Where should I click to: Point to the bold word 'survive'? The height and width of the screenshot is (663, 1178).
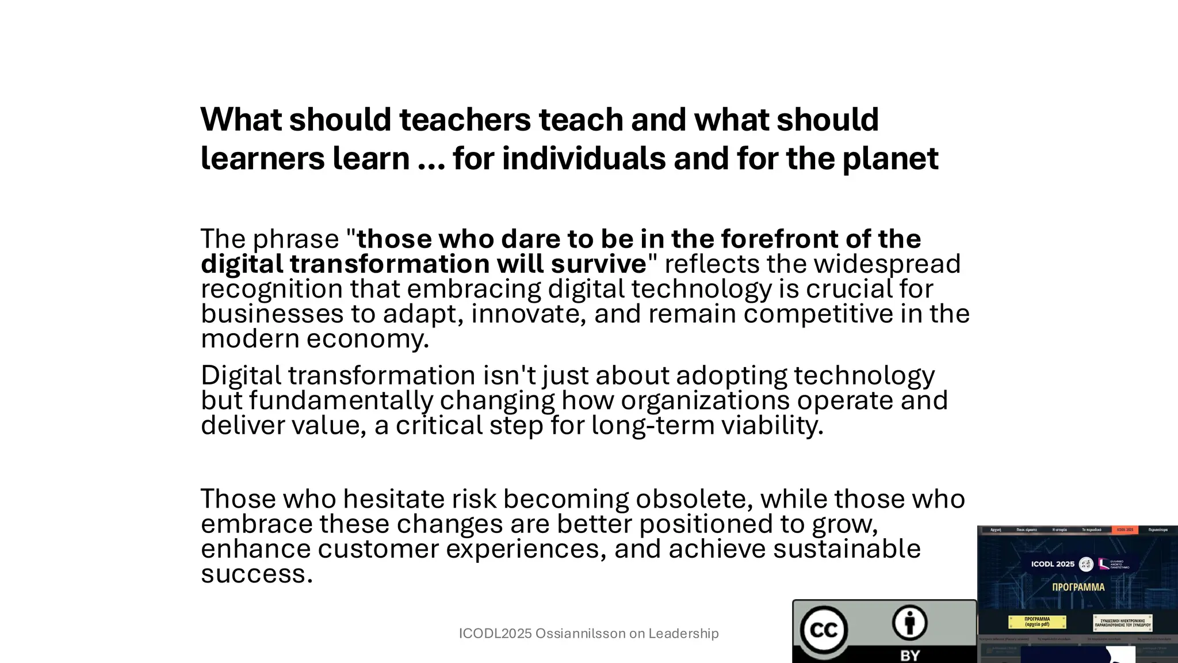coord(599,264)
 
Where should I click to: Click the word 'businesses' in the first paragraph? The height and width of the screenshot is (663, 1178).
coord(272,314)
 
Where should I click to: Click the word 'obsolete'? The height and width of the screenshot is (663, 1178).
coord(694,499)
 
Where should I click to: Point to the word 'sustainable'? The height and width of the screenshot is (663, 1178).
coord(846,549)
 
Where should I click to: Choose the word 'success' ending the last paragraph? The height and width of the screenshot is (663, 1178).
coord(256,574)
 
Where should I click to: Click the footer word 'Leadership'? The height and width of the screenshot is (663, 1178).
coord(683,634)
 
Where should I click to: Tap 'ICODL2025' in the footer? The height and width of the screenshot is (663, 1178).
coord(495,634)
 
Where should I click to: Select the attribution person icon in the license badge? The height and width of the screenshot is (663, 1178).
coord(909,623)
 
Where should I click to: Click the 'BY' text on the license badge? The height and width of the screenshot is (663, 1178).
coord(909,656)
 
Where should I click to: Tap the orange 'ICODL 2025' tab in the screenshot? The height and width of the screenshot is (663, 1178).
coord(1125,529)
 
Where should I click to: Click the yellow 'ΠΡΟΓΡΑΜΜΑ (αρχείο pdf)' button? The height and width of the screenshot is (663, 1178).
coord(1037,622)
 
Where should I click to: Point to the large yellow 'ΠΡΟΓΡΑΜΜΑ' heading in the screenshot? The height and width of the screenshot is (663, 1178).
coord(1078,588)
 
